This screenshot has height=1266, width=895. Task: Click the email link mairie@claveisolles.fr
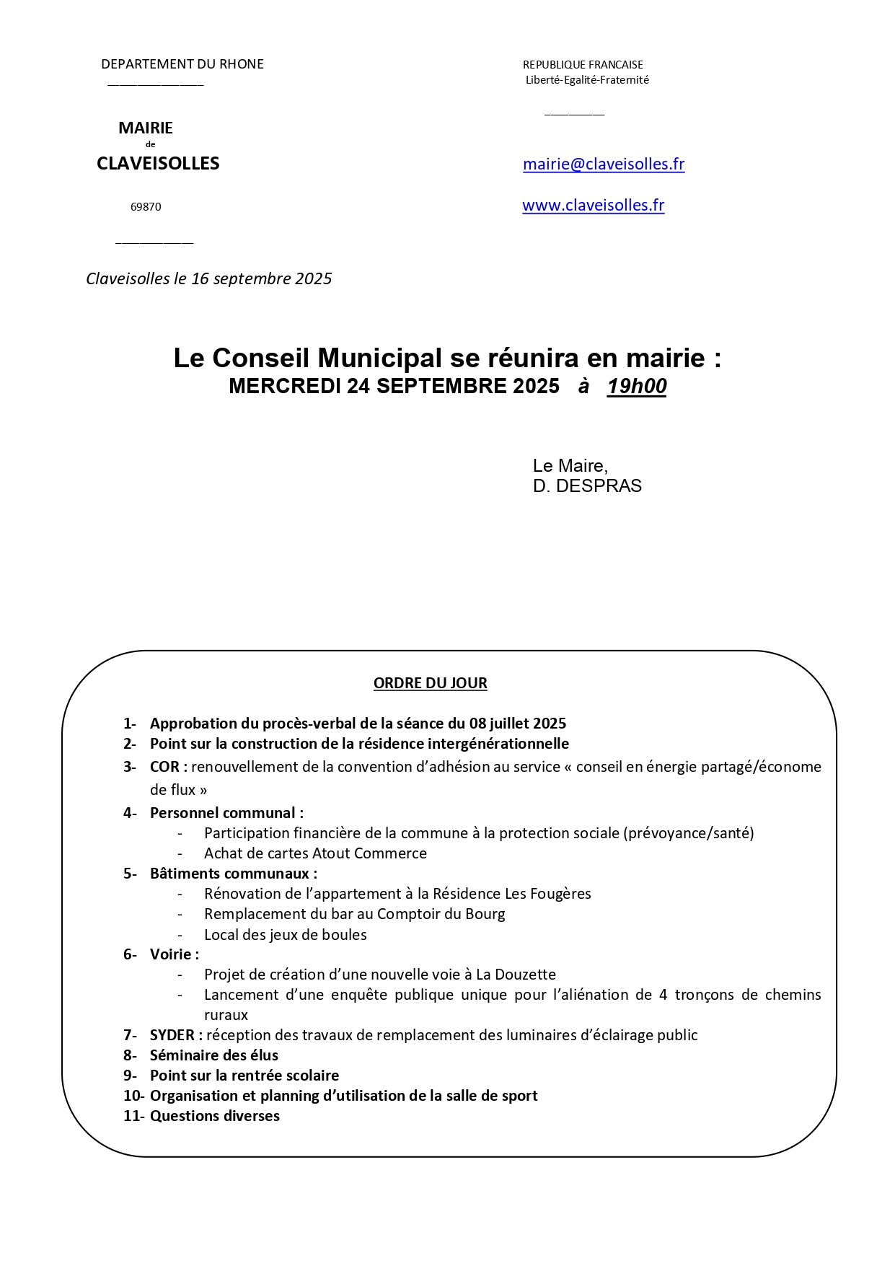point(604,164)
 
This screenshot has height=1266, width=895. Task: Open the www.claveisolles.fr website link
point(593,206)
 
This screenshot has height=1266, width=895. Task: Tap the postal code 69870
point(146,207)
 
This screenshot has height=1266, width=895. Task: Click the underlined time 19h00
point(637,387)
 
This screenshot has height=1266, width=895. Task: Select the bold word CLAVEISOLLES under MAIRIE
point(158,164)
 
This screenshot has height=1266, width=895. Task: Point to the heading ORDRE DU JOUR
point(430,683)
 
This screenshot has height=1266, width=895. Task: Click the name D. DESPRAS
point(587,486)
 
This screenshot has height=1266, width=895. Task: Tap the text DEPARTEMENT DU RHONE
point(182,64)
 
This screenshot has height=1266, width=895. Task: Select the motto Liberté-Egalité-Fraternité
point(587,80)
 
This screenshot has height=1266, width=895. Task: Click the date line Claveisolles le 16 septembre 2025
point(208,279)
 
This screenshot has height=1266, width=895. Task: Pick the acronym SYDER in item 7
point(172,1035)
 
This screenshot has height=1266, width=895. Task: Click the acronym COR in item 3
point(164,767)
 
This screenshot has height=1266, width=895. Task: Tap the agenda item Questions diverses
point(214,1116)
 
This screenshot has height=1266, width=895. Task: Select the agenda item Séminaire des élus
point(213,1055)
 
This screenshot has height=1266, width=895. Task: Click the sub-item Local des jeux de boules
point(285,935)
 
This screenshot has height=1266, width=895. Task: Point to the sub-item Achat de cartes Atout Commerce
point(315,853)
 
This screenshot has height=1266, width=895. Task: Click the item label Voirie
point(171,954)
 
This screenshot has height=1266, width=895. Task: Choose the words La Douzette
point(516,975)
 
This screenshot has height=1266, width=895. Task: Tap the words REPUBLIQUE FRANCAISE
point(583,65)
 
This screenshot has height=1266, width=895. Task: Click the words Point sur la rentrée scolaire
point(244,1076)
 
